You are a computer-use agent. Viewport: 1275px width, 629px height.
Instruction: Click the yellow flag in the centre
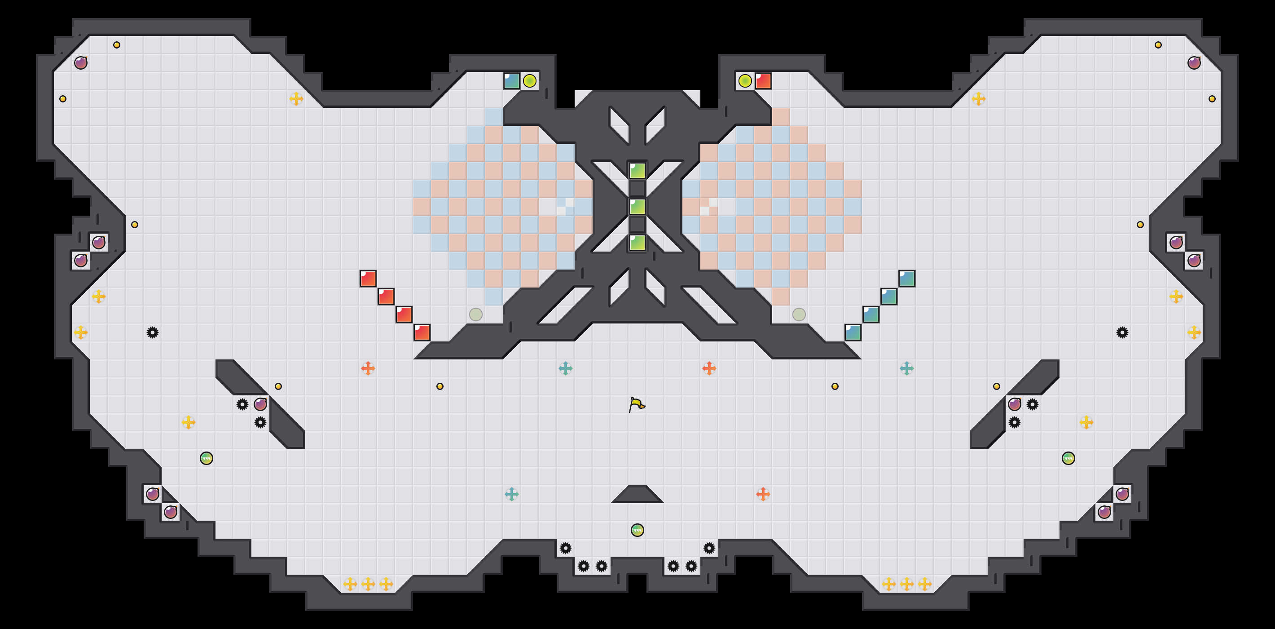(637, 404)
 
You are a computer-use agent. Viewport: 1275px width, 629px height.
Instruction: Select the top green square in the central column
(637, 171)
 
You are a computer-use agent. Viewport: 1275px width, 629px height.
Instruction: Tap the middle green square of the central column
(637, 207)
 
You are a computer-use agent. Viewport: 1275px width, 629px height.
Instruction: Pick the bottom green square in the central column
(637, 243)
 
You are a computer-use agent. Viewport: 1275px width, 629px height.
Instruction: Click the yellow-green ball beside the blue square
(530, 81)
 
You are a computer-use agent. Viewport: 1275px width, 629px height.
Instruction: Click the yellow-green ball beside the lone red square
(745, 81)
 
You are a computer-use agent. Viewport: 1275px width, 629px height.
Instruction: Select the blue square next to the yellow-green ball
(511, 81)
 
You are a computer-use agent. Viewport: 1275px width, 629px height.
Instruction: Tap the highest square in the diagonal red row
(368, 279)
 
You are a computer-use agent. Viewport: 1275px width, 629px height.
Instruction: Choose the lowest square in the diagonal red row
(422, 332)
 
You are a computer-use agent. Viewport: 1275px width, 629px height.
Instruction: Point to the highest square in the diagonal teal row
(907, 279)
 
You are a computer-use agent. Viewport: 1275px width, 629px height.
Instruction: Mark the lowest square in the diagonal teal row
(853, 332)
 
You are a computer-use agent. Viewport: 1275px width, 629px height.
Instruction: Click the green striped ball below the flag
(637, 531)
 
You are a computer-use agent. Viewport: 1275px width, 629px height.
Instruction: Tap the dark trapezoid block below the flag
(637, 495)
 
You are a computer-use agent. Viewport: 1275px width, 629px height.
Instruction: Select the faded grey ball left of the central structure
(475, 314)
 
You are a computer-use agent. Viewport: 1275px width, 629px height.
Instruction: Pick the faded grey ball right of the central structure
(799, 314)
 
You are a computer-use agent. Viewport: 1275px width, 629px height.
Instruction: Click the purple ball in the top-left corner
(81, 63)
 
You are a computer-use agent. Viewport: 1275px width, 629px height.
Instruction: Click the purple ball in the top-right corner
(1194, 63)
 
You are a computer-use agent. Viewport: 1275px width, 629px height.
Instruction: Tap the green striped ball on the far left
(207, 458)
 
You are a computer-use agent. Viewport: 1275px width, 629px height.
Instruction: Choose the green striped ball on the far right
(1068, 458)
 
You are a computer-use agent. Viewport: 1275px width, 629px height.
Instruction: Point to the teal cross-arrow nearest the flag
(565, 368)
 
